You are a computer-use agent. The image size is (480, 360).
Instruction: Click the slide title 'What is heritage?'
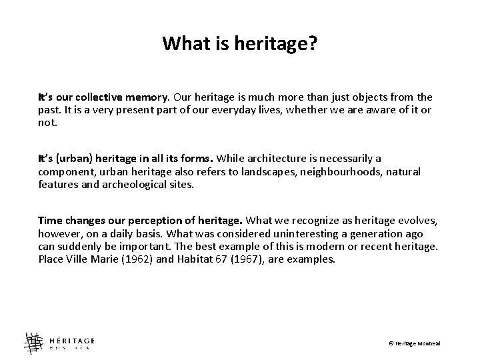coord(240,45)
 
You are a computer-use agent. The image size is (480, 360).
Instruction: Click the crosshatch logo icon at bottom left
coord(33,342)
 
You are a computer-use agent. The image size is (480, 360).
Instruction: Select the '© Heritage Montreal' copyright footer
coord(415,343)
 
